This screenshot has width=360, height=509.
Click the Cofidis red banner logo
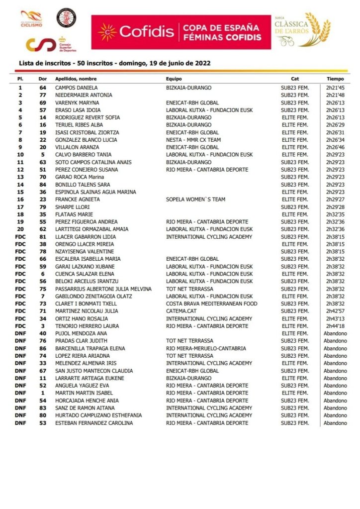coord(181,32)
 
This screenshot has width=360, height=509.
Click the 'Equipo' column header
coord(174,79)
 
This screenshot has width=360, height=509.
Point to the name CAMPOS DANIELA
coord(77,88)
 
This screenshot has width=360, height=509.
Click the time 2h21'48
coord(335,95)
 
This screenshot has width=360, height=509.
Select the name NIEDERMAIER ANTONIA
coord(84,95)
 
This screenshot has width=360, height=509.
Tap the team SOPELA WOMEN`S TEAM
coord(195,200)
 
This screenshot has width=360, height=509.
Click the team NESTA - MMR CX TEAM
coord(193,140)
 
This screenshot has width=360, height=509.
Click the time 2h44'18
coord(335,326)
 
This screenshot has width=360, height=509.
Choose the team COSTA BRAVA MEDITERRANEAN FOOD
coord(211,304)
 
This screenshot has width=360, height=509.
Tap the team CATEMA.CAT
coord(182,311)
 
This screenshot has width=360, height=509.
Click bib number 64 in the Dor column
coord(43,88)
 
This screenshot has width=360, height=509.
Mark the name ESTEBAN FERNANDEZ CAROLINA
coord(94,423)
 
